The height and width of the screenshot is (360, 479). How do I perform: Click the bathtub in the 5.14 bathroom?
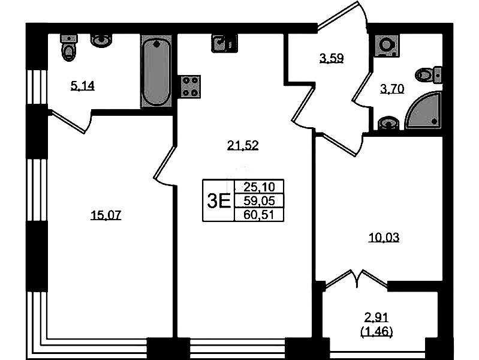(x=156, y=71)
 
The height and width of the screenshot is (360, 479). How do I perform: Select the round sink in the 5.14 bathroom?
(x=101, y=41)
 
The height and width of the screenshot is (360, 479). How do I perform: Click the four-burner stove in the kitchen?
(x=189, y=86)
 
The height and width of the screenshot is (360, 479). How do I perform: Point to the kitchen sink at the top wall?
(x=224, y=43)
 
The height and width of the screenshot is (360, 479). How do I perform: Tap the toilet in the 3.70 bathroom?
(x=429, y=74)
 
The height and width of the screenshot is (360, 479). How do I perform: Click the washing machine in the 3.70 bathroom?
(x=387, y=46)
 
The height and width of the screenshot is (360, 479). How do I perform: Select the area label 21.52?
(x=243, y=145)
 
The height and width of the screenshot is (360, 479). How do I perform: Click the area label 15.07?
(x=106, y=215)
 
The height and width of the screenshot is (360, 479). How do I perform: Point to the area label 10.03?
(x=384, y=237)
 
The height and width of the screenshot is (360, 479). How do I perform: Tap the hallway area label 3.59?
(x=332, y=58)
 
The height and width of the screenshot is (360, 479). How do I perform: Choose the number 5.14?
(x=83, y=86)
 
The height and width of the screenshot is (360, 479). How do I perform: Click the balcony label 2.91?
(x=376, y=317)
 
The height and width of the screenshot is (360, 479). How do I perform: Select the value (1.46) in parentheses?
(x=376, y=332)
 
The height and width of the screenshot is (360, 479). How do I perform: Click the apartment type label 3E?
(x=219, y=201)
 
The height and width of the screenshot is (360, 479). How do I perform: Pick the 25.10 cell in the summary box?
(x=260, y=186)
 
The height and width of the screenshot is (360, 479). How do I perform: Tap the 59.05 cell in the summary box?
(x=260, y=200)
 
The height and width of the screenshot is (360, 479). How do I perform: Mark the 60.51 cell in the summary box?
(x=259, y=215)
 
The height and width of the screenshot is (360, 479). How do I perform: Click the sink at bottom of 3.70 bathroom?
(x=388, y=124)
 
